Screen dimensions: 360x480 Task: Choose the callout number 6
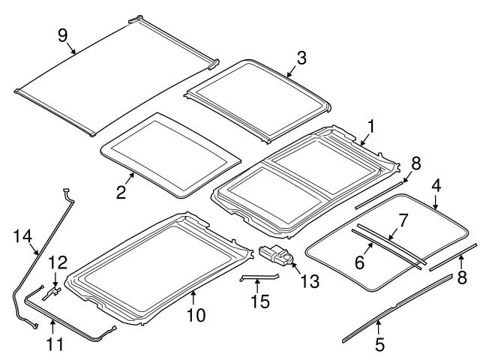point(359,262)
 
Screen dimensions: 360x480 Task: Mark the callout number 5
point(379,346)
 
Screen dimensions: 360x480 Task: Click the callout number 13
point(309,281)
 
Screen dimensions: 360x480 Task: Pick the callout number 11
point(53,345)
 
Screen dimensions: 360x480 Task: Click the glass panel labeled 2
point(171,154)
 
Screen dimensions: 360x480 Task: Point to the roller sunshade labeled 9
point(112,75)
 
